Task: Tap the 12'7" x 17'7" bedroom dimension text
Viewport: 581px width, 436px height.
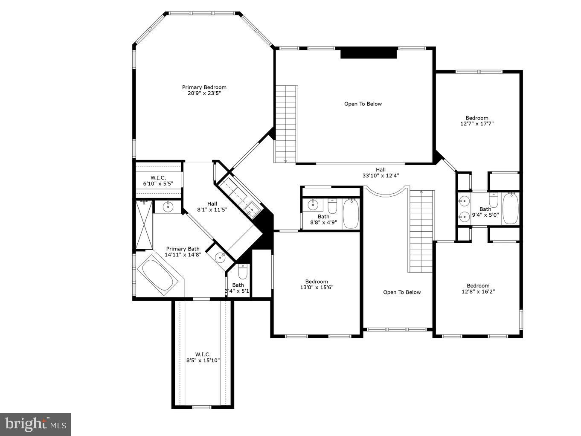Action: pyautogui.click(x=477, y=124)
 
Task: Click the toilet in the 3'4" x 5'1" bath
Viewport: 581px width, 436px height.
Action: pyautogui.click(x=242, y=271)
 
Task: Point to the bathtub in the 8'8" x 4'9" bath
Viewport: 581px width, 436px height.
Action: pyautogui.click(x=351, y=213)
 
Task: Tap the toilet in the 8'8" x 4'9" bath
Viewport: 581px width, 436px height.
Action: pyautogui.click(x=333, y=206)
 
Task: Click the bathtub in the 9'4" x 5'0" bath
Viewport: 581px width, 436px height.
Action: pyautogui.click(x=510, y=208)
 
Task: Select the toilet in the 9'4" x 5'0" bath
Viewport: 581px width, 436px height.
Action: pyautogui.click(x=494, y=200)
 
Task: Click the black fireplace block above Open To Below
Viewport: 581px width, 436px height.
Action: pyautogui.click(x=369, y=54)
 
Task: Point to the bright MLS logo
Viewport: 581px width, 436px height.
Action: pyautogui.click(x=35, y=424)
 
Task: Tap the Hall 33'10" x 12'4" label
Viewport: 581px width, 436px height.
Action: pyautogui.click(x=381, y=172)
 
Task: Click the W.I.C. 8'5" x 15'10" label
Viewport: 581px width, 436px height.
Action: pyautogui.click(x=203, y=357)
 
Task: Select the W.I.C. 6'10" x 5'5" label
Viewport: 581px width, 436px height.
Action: pyautogui.click(x=158, y=180)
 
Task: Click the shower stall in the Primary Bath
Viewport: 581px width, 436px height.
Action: pyautogui.click(x=144, y=224)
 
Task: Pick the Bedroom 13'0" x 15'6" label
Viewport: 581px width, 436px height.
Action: pyautogui.click(x=317, y=284)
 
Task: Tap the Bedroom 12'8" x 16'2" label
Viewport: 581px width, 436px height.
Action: pyautogui.click(x=478, y=289)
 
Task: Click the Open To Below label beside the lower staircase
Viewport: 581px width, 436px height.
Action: pyautogui.click(x=402, y=292)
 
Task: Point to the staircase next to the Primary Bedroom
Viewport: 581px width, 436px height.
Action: pyautogui.click(x=285, y=124)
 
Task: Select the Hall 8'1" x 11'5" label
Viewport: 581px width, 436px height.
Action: pyautogui.click(x=212, y=206)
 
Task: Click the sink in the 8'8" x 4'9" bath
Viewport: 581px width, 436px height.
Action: pyautogui.click(x=314, y=205)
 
